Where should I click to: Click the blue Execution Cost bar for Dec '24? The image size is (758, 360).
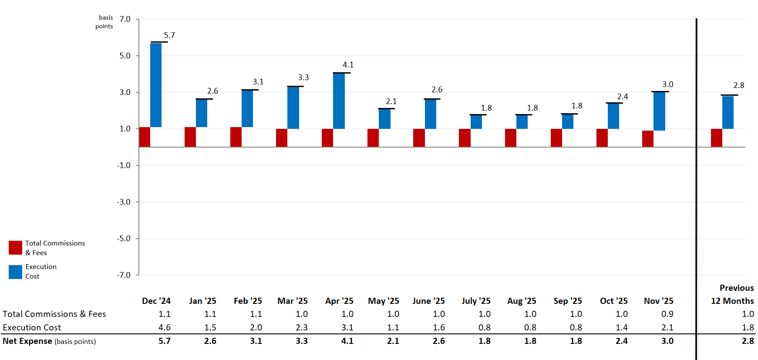pyautogui.click(x=156, y=85)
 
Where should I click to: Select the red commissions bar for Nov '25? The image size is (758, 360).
pyautogui.click(x=647, y=138)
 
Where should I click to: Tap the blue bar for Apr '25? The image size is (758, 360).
pyautogui.click(x=339, y=101)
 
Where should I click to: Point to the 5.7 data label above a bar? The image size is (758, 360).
pyautogui.click(x=169, y=35)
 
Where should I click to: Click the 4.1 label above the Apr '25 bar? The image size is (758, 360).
pyautogui.click(x=348, y=65)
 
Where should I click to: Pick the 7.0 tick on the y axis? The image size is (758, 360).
pyautogui.click(x=125, y=19)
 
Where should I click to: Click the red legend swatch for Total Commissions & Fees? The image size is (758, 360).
pyautogui.click(x=15, y=248)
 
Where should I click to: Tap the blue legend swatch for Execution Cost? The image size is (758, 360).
pyautogui.click(x=15, y=272)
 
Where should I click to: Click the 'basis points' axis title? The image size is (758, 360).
pyautogui.click(x=104, y=22)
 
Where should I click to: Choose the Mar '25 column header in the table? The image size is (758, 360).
pyautogui.click(x=292, y=301)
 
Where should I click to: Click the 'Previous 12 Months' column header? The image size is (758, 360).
pyautogui.click(x=732, y=294)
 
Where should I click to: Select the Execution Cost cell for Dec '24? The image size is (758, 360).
pyautogui.click(x=164, y=327)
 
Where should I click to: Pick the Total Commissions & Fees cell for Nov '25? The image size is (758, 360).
pyautogui.click(x=667, y=314)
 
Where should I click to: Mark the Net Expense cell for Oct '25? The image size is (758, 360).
pyautogui.click(x=621, y=341)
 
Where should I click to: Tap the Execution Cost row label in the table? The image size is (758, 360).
pyautogui.click(x=32, y=327)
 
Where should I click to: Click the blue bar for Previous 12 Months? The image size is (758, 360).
pyautogui.click(x=728, y=112)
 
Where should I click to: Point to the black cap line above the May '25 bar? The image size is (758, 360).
pyautogui.click(x=386, y=108)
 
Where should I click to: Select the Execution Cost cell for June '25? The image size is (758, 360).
pyautogui.click(x=438, y=327)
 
